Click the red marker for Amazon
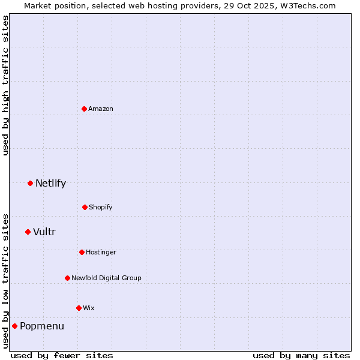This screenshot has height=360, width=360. [x=85, y=109]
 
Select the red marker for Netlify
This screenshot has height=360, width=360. [x=30, y=183]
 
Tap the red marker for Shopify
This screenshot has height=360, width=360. [x=85, y=207]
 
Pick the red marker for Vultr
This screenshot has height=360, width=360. [x=28, y=232]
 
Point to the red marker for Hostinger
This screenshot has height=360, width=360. [x=82, y=252]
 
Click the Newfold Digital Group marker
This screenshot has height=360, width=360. [x=67, y=278]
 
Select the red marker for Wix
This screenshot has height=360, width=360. [x=79, y=308]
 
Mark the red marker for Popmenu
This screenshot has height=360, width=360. [x=14, y=326]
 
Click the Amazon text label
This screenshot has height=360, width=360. [x=101, y=109]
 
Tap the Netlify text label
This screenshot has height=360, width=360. [x=51, y=183]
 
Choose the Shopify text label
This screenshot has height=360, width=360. [x=101, y=207]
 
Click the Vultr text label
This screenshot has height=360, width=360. [x=44, y=232]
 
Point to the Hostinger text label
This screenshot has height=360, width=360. [x=101, y=252]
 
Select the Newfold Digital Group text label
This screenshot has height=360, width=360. [x=106, y=278]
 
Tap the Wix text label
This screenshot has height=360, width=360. [x=89, y=308]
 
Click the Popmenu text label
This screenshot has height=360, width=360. [x=42, y=326]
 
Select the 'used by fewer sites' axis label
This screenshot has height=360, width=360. [x=62, y=355]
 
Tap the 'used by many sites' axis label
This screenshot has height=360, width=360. [x=301, y=355]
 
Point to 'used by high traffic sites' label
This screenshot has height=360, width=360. [x=5, y=85]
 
